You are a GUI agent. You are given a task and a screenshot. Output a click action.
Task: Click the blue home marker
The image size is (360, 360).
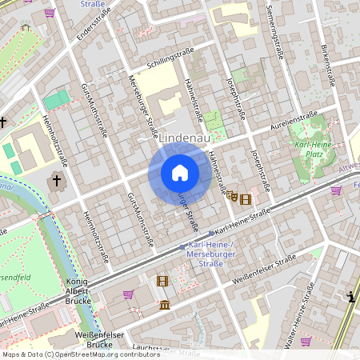click(180, 173)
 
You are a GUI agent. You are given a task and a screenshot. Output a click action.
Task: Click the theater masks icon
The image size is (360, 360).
click(232, 196)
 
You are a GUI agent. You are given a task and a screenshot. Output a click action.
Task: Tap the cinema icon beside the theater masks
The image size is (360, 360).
click(245, 198)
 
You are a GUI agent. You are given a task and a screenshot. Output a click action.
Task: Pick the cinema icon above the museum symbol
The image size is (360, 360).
click(162, 281)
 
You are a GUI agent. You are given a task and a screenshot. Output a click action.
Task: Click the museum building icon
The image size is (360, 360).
click(164, 305)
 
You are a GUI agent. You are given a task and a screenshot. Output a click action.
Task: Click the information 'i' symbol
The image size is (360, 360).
click(351, 297)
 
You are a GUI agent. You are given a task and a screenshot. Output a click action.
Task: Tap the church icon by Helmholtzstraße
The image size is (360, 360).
click(56, 181)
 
